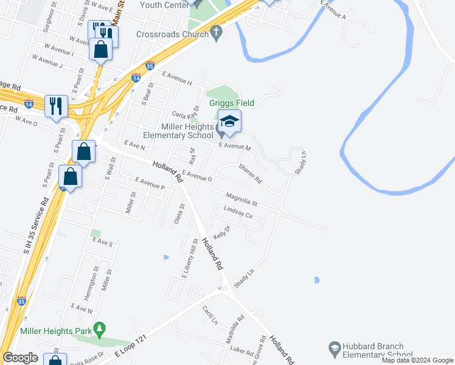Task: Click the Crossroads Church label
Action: pyautogui.click(x=173, y=35)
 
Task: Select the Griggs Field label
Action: pyautogui.click(x=232, y=103)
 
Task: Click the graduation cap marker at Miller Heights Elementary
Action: pyautogui.click(x=229, y=121)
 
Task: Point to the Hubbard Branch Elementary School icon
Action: pyautogui.click(x=333, y=347)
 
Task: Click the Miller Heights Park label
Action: pyautogui.click(x=55, y=331)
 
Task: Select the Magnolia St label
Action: pyautogui.click(x=242, y=198)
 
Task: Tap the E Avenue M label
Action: pyautogui.click(x=235, y=147)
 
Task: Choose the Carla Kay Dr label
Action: pyautogui.click(x=186, y=114)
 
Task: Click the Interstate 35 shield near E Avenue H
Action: pyautogui.click(x=150, y=66)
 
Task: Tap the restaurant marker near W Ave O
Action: pyautogui.click(x=55, y=105)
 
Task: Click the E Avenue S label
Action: pyautogui.click(x=103, y=243)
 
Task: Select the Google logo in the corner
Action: pyautogui.click(x=20, y=358)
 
